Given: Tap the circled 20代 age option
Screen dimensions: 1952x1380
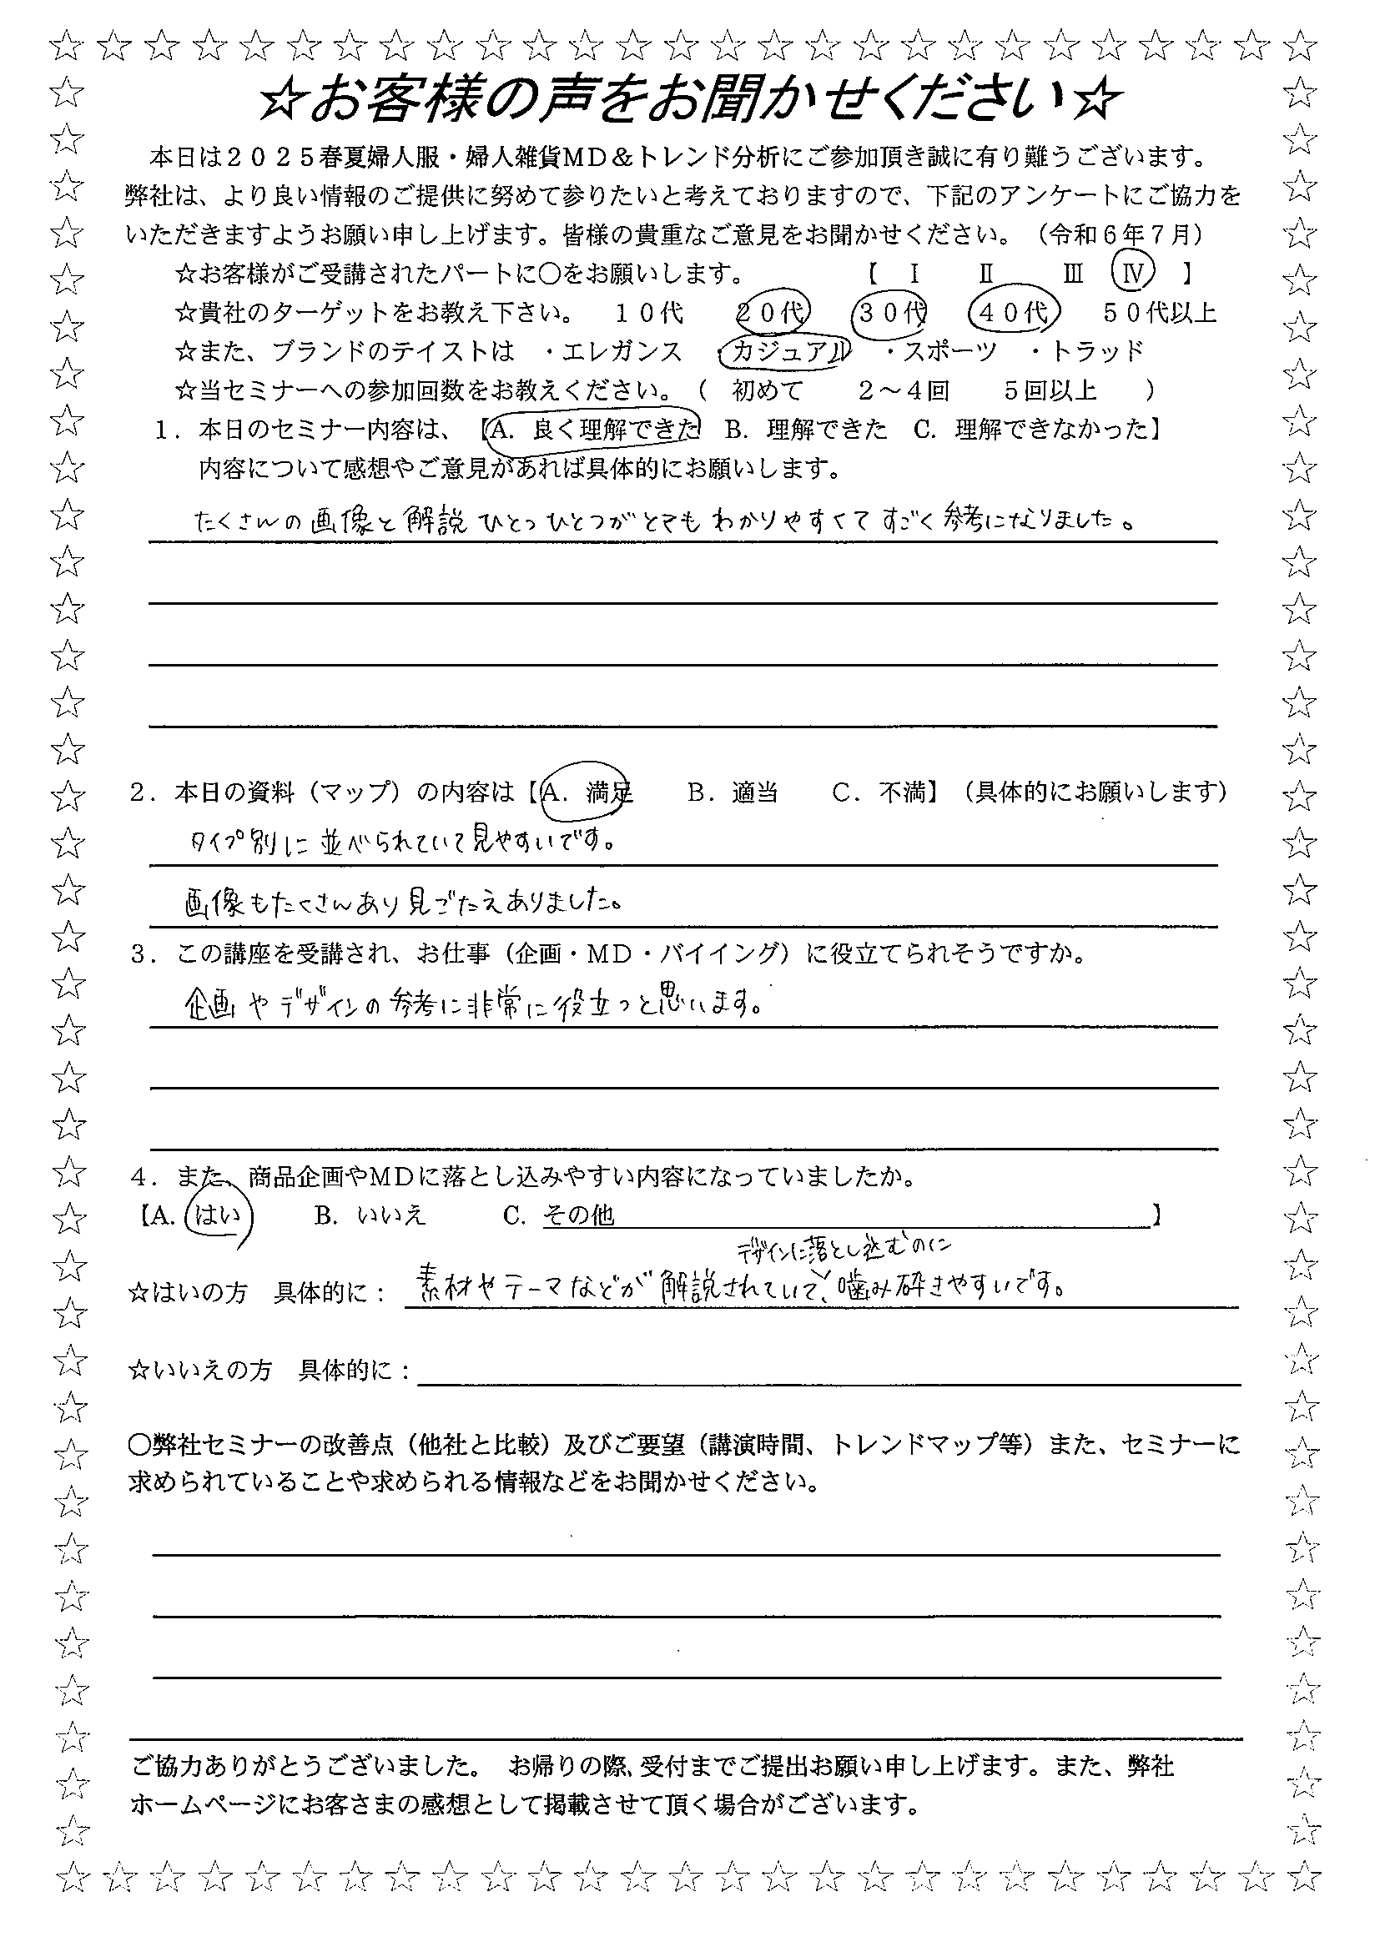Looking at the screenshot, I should point(772,312).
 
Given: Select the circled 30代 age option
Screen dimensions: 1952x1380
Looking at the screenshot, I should point(890,312).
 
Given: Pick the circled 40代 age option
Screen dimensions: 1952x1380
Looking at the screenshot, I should point(1012,312).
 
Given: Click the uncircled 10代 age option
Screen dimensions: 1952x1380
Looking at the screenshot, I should point(650,313).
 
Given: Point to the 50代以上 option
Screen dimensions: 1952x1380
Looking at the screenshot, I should point(1160,313).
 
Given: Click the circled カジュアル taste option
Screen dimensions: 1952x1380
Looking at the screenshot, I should point(783,351).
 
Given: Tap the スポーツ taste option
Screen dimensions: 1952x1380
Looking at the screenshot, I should point(948,351).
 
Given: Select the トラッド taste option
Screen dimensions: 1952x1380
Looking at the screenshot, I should point(1098,351).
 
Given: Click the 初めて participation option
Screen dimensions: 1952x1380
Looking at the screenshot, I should point(768,390).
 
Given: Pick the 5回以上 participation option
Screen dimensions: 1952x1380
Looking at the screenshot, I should point(1050,390).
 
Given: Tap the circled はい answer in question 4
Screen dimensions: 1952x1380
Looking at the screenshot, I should point(219,1215).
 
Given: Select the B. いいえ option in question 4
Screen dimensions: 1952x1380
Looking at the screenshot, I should point(369,1215).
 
